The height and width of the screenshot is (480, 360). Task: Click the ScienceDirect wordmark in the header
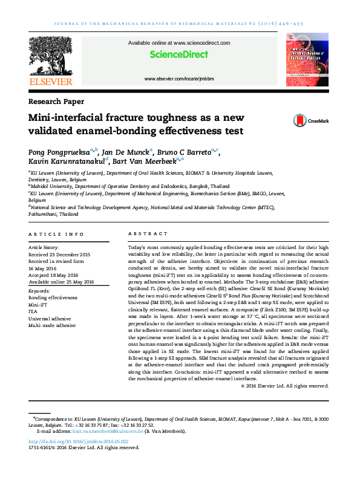179,55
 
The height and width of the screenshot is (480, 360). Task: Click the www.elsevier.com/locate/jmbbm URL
179,80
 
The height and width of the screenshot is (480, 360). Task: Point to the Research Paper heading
56,102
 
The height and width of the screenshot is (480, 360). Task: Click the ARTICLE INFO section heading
56,234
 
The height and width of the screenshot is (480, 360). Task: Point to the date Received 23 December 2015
59,255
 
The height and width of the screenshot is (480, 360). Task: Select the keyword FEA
34,311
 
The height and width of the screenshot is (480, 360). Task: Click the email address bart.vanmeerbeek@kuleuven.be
115,431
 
